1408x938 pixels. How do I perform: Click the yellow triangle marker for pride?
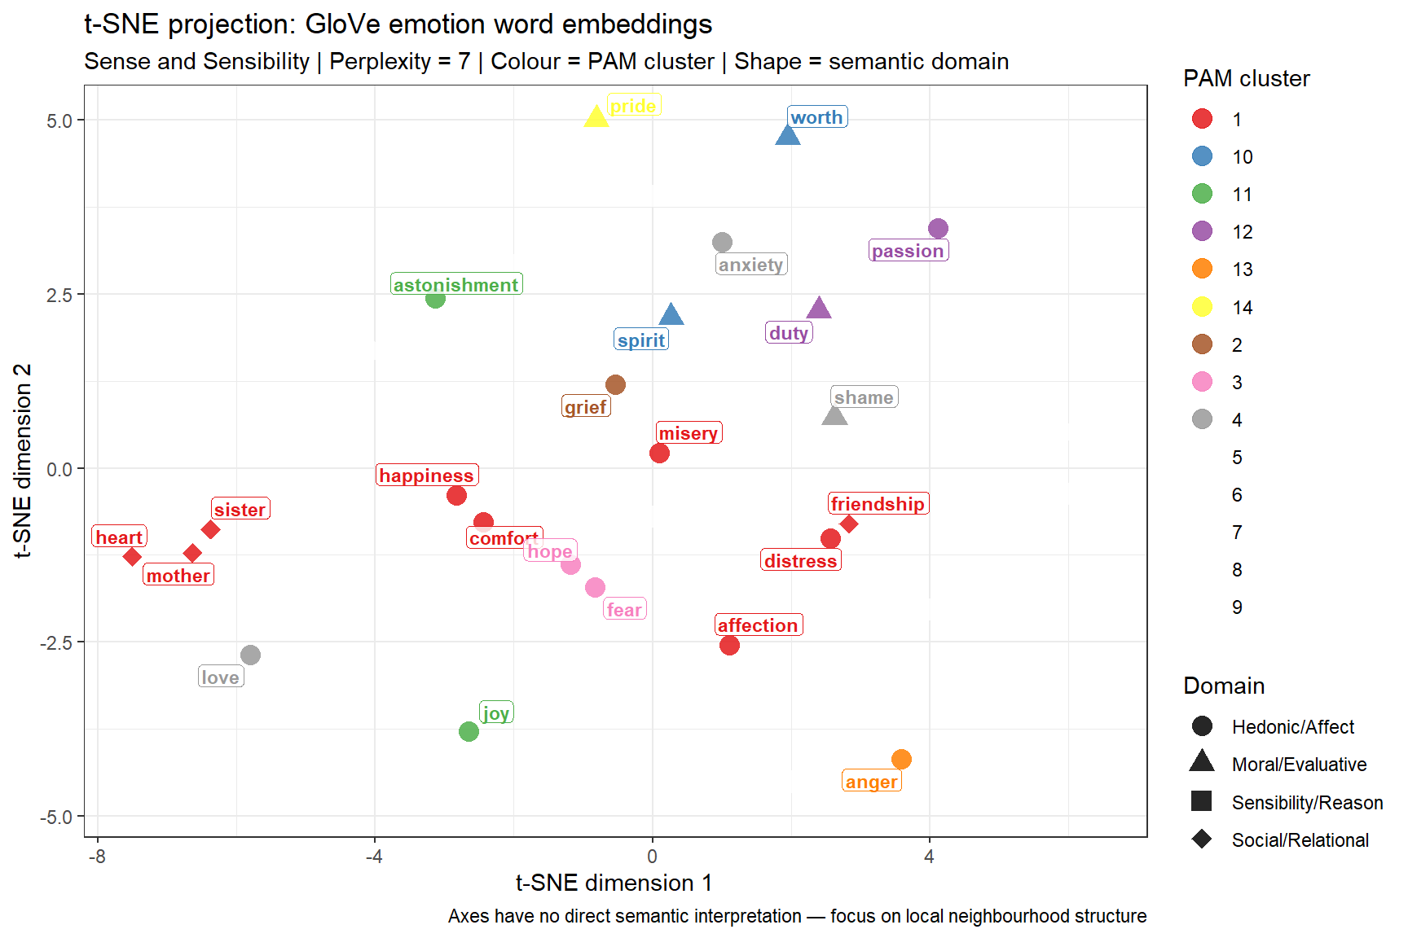point(596,116)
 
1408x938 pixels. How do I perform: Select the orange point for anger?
point(901,759)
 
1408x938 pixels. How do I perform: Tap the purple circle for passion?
point(938,229)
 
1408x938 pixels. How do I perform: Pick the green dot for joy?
point(469,731)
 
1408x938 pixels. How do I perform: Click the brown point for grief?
point(616,384)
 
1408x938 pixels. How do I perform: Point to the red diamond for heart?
point(132,557)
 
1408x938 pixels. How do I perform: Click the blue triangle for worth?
point(787,136)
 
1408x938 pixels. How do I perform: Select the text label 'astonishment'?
point(456,284)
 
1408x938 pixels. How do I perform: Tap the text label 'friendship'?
point(878,504)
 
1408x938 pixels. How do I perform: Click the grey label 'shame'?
point(864,397)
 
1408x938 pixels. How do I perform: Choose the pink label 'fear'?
point(625,610)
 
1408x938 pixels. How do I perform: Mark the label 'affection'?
point(759,625)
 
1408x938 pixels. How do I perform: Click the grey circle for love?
point(250,655)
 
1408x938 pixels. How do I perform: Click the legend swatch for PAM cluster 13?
point(1202,269)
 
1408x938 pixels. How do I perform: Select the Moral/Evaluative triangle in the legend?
point(1202,763)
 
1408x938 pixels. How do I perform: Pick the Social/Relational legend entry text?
point(1300,840)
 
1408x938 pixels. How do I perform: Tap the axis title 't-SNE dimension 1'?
point(614,883)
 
